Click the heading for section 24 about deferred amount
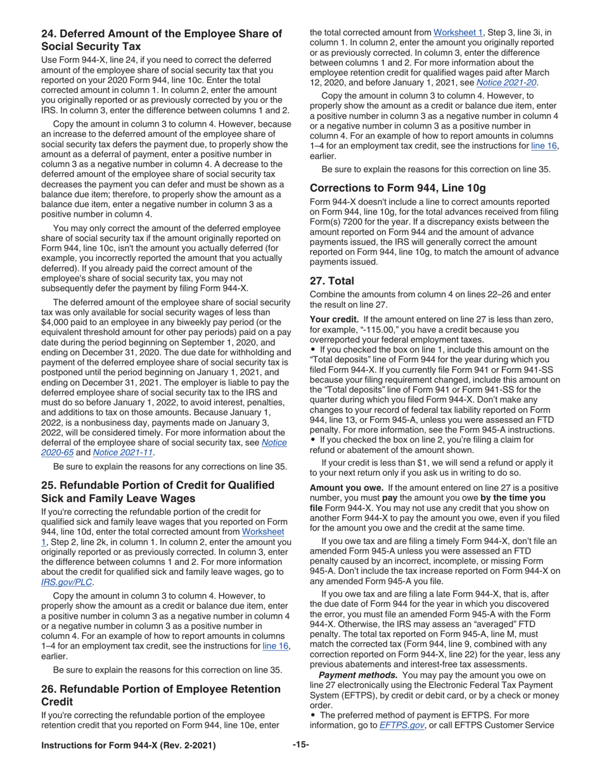[x=162, y=40]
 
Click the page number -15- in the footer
[x=301, y=745]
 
